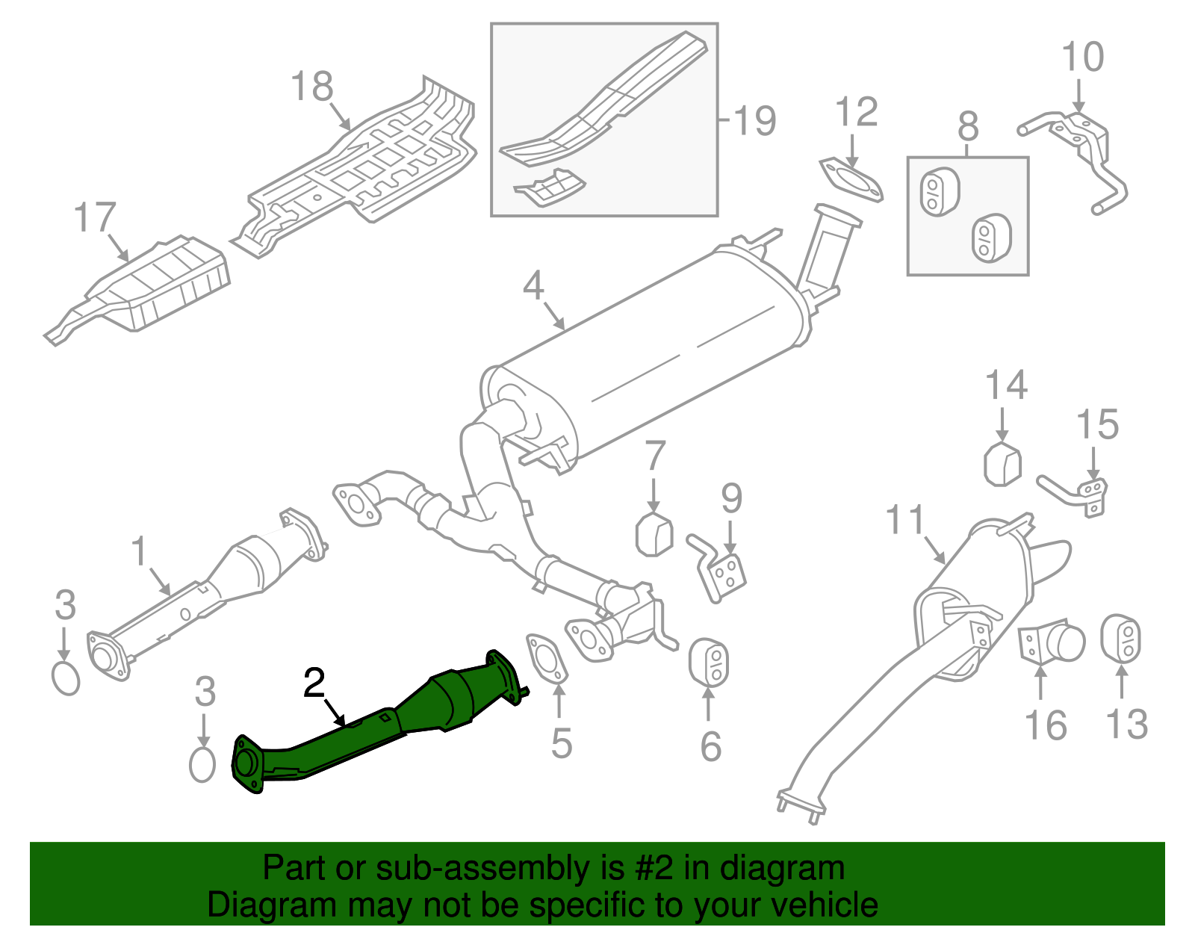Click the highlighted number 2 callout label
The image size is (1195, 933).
[314, 683]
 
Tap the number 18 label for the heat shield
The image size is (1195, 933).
[311, 87]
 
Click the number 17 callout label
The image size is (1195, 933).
[95, 218]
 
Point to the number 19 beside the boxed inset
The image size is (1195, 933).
[754, 120]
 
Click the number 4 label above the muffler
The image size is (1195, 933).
[533, 285]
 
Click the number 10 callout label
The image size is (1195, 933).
[1082, 57]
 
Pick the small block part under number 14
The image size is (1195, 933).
[1002, 464]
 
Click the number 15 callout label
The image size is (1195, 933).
[1097, 424]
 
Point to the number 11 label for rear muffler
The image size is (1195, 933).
[904, 520]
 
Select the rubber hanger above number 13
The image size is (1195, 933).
[1121, 639]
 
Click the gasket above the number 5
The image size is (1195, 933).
[547, 658]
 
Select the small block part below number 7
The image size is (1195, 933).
[654, 535]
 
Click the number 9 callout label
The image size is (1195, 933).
[731, 498]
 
